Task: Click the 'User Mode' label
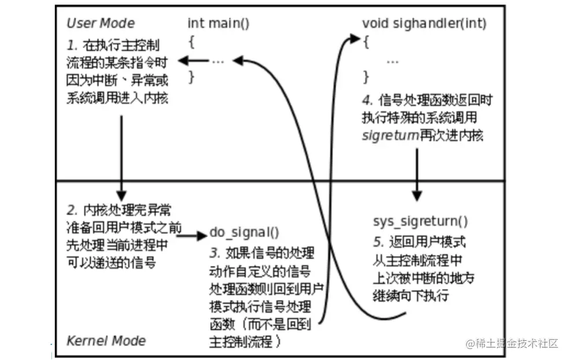(101, 23)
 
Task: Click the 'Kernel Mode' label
(106, 340)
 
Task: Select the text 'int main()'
(218, 23)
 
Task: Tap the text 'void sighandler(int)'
(424, 24)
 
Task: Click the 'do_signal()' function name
(243, 233)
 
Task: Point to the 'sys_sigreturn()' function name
(420, 222)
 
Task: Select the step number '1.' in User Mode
(72, 45)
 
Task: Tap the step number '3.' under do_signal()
(215, 253)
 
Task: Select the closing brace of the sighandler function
(365, 77)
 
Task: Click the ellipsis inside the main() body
(217, 60)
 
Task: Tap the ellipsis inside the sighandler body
(391, 60)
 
